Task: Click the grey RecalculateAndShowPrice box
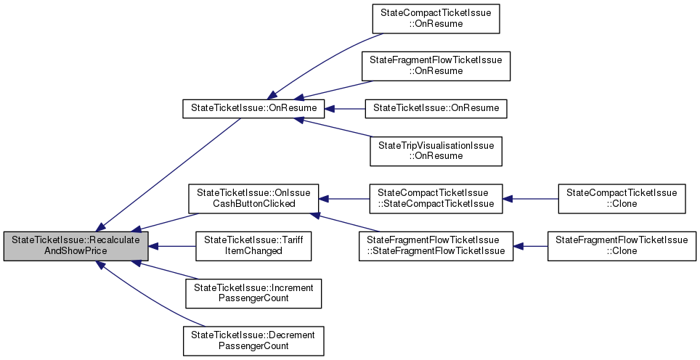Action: pyautogui.click(x=76, y=247)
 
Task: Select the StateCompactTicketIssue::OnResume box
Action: pyautogui.click(x=436, y=19)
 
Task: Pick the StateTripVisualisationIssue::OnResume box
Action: pyautogui.click(x=436, y=151)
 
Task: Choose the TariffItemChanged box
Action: pyautogui.click(x=253, y=247)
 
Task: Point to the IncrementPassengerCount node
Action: pyautogui.click(x=253, y=293)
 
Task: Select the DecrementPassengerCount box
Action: pyautogui.click(x=253, y=340)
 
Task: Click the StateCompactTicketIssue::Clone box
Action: pyautogui.click(x=621, y=198)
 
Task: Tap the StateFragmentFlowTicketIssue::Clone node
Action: pyautogui.click(x=621, y=247)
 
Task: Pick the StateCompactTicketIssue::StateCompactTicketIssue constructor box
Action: pyautogui.click(x=436, y=198)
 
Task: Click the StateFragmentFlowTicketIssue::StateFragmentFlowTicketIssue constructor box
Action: pyautogui.click(x=436, y=247)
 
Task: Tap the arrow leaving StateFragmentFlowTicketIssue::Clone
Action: pyautogui.click(x=530, y=247)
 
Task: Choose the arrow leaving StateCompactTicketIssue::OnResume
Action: pyautogui.click(x=320, y=60)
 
